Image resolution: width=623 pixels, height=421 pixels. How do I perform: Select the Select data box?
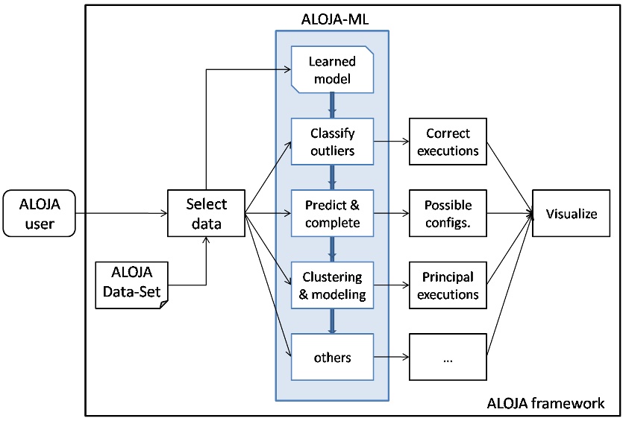[206, 213]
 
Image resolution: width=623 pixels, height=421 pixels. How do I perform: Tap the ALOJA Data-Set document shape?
[132, 285]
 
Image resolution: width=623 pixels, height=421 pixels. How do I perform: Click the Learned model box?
[331, 68]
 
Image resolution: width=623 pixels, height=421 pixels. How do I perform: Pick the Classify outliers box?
[332, 142]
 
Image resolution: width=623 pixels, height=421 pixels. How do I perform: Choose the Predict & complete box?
[332, 212]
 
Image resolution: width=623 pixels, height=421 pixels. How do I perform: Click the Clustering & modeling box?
[332, 285]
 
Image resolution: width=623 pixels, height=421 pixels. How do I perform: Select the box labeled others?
[332, 357]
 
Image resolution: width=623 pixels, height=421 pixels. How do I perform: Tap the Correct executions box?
[448, 142]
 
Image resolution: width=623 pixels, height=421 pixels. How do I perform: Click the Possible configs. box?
[448, 212]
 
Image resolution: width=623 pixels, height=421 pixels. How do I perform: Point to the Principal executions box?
[448, 285]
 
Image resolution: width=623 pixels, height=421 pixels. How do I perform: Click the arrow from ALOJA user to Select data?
[119, 213]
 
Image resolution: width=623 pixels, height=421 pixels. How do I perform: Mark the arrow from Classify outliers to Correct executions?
[391, 142]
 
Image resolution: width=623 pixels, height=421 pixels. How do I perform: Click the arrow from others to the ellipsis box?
[391, 357]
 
